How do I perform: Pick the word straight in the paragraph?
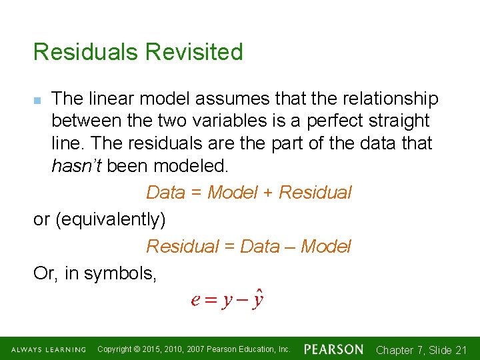pyautogui.click(x=398, y=121)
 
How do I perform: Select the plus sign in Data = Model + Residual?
pyautogui.click(x=267, y=193)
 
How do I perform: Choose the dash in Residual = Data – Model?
pyautogui.click(x=291, y=247)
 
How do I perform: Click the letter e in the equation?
pyautogui.click(x=195, y=300)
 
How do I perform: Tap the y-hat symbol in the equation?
pyautogui.click(x=258, y=299)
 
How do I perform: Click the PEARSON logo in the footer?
pyautogui.click(x=333, y=349)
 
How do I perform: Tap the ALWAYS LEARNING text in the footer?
pyautogui.click(x=49, y=350)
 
